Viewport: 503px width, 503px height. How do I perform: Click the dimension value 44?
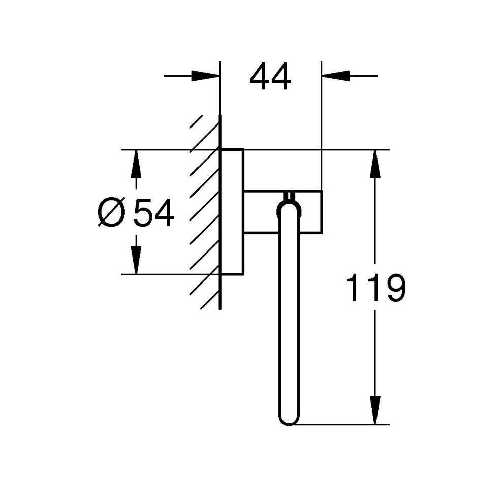(x=270, y=77)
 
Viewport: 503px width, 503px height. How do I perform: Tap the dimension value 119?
(x=375, y=288)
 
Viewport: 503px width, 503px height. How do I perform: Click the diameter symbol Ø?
(x=110, y=213)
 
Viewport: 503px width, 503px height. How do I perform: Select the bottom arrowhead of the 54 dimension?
(x=136, y=260)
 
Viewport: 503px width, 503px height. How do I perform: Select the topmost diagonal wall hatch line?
(x=196, y=121)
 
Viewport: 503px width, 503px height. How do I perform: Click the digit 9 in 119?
(x=395, y=288)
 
